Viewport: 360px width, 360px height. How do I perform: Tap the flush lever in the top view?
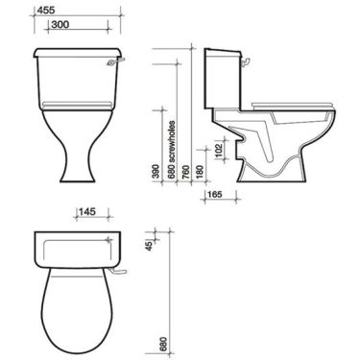[119, 276]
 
